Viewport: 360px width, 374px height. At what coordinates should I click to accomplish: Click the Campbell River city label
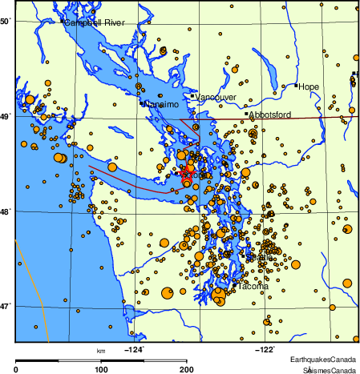(95, 22)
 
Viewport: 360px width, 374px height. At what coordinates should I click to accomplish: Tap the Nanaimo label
(160, 104)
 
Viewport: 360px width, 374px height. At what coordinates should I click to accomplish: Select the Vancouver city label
(216, 98)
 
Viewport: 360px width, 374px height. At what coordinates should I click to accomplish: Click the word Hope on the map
(309, 86)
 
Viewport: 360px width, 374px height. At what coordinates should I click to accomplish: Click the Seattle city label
(261, 256)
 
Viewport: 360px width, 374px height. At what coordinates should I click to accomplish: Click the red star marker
(186, 173)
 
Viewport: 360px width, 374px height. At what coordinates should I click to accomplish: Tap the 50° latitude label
(6, 21)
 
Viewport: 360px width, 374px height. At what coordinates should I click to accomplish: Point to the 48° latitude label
(6, 211)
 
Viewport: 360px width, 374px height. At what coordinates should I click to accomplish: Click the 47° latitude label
(6, 306)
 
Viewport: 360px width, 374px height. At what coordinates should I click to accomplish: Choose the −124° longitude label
(133, 348)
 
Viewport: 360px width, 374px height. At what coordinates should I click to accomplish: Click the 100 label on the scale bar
(101, 369)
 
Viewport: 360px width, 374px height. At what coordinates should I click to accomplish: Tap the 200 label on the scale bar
(186, 369)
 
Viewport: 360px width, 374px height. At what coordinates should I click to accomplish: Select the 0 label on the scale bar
(17, 369)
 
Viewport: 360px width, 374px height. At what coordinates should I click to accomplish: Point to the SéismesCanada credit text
(330, 370)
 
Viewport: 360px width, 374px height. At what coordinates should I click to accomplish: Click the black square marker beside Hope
(296, 86)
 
